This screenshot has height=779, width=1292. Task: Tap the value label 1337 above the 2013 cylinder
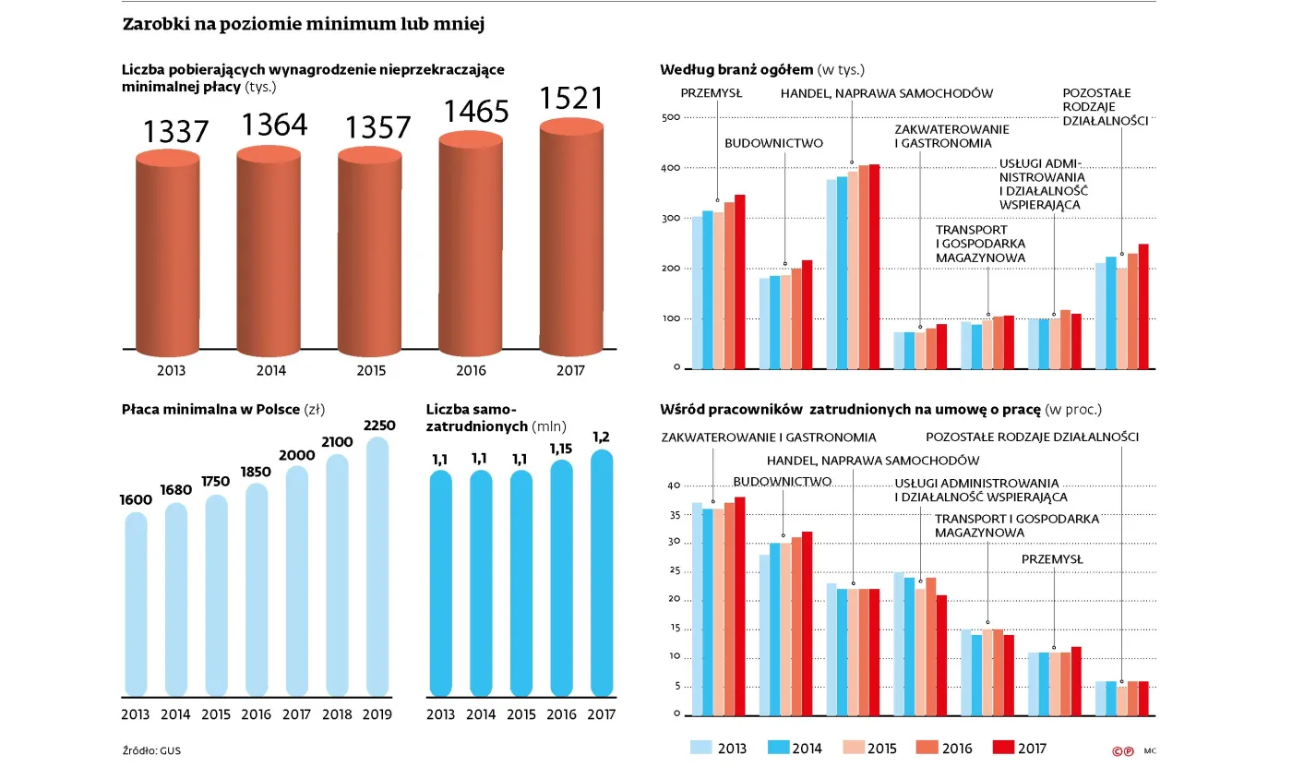pos(176,132)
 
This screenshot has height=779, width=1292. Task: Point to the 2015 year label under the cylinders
pos(371,371)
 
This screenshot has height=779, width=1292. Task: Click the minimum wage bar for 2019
pos(378,567)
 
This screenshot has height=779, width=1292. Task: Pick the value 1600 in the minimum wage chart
pos(135,499)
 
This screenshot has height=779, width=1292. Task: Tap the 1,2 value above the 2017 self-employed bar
pos(602,437)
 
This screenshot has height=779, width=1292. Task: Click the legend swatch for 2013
pos(702,748)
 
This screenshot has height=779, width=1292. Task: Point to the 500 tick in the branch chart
pos(670,118)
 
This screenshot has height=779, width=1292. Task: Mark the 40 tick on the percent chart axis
pos(673,485)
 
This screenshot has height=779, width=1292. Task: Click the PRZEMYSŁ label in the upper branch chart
pos(712,93)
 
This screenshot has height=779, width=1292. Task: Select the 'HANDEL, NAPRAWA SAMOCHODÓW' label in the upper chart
pos(886,93)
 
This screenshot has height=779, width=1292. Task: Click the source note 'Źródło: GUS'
pos(151,750)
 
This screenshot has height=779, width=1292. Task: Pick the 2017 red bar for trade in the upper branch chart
pos(874,267)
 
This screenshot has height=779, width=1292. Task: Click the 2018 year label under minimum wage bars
pos(339,714)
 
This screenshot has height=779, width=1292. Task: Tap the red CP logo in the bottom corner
pos(1122,751)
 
